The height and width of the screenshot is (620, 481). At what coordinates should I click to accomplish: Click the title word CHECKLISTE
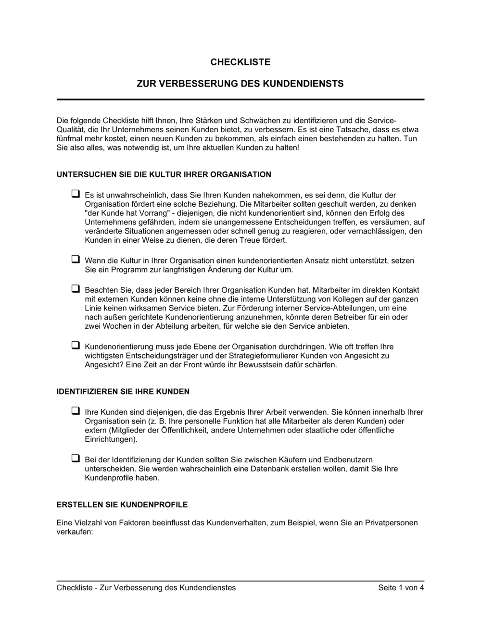pyautogui.click(x=240, y=62)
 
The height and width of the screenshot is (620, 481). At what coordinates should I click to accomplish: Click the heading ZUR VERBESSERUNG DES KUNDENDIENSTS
pyautogui.click(x=240, y=84)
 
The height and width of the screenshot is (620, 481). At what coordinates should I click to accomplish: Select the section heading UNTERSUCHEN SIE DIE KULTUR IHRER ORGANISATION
pyautogui.click(x=164, y=174)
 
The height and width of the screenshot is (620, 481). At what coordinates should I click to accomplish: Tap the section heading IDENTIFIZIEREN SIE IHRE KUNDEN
pyautogui.click(x=123, y=391)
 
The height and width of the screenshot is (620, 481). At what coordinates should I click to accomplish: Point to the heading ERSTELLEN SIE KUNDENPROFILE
pyautogui.click(x=122, y=505)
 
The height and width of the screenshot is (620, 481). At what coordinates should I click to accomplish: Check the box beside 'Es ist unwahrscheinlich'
pyautogui.click(x=76, y=194)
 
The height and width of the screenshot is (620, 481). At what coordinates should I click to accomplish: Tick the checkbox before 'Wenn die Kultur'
pyautogui.click(x=76, y=260)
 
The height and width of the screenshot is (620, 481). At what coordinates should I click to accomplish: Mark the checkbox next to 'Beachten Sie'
pyautogui.click(x=76, y=289)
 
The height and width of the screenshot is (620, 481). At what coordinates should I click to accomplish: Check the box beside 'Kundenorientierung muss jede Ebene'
pyautogui.click(x=76, y=346)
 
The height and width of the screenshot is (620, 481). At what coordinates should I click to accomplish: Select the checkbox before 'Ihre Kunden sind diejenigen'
pyautogui.click(x=76, y=411)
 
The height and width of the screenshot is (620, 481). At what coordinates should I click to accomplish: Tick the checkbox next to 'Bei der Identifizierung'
pyautogui.click(x=76, y=459)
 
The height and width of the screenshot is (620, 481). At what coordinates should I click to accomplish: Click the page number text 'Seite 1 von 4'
pyautogui.click(x=401, y=587)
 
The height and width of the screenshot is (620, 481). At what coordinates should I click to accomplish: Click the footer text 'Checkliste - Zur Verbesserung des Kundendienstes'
pyautogui.click(x=146, y=587)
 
